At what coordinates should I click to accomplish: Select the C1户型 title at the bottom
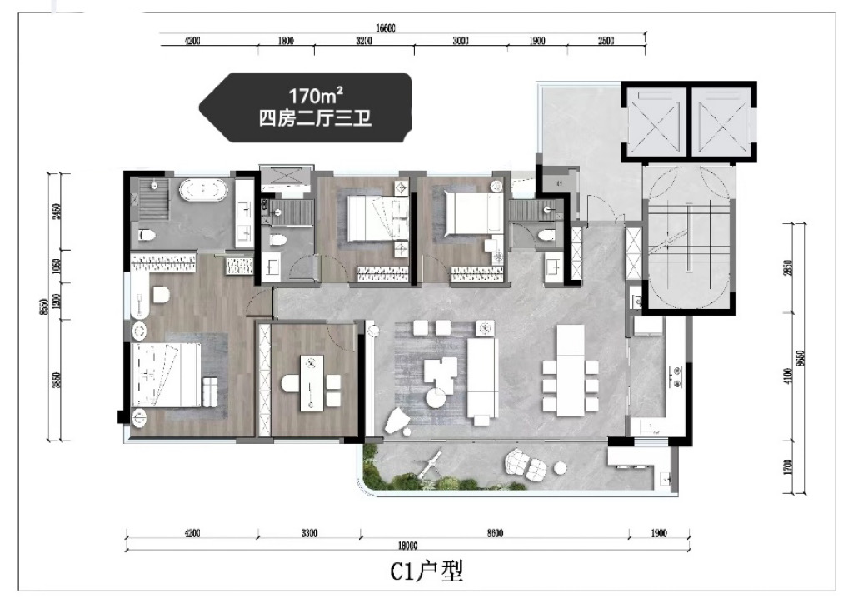click(x=426, y=571)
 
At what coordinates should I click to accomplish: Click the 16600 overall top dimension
click(x=385, y=28)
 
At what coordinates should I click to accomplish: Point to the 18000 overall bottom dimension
click(x=407, y=546)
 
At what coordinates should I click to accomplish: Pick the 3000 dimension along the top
click(x=461, y=41)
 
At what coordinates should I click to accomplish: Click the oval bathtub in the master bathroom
click(x=203, y=191)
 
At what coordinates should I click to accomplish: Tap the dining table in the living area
click(x=571, y=369)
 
